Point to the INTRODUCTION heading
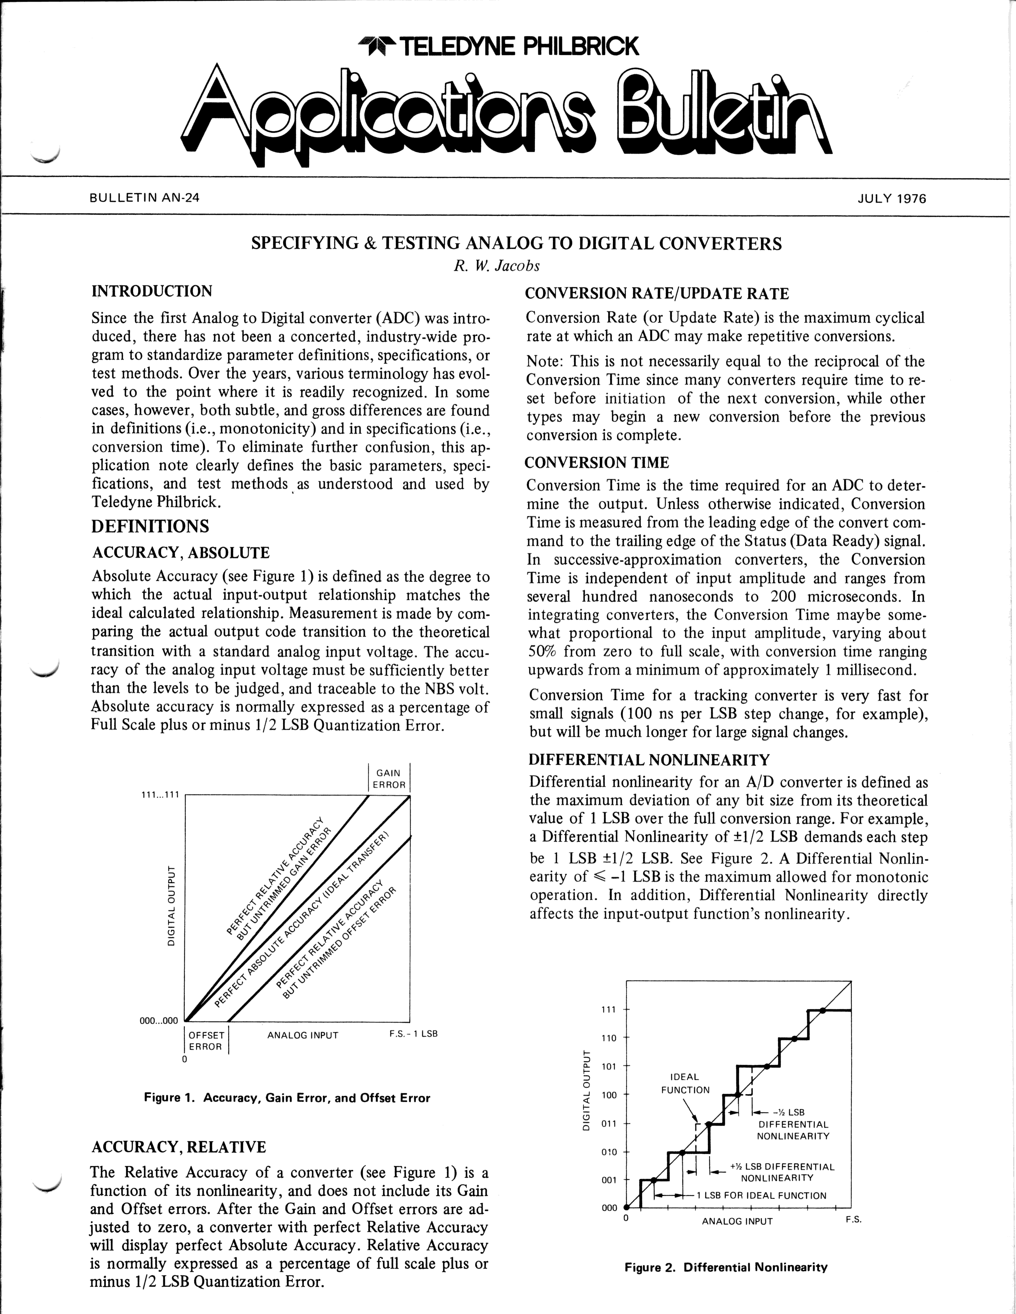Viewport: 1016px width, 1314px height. pyautogui.click(x=152, y=291)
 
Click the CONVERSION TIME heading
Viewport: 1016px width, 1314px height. pyautogui.click(x=596, y=463)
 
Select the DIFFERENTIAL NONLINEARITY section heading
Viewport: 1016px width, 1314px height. pyautogui.click(x=649, y=760)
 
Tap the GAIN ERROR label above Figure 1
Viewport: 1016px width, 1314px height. pyautogui.click(x=389, y=779)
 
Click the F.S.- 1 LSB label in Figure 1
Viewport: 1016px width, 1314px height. pyautogui.click(x=413, y=1034)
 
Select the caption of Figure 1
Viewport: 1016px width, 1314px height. pyautogui.click(x=287, y=1098)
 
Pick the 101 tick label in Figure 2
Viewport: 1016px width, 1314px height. pyautogui.click(x=609, y=1067)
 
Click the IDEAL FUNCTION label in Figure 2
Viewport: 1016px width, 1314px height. pyautogui.click(x=685, y=1083)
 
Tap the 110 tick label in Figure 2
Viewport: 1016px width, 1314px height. pyautogui.click(x=609, y=1038)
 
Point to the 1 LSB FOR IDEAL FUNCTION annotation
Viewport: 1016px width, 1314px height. pyautogui.click(x=761, y=1195)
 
